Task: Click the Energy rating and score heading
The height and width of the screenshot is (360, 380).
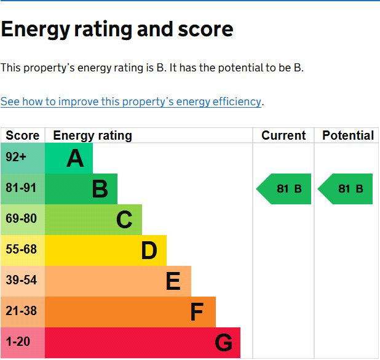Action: (117, 29)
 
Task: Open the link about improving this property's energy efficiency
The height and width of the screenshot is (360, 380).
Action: (131, 102)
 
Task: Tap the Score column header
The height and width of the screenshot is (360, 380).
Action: (23, 135)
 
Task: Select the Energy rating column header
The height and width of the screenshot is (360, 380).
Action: (92, 135)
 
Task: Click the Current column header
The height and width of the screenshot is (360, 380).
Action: (283, 135)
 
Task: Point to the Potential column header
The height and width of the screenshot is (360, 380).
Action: (347, 135)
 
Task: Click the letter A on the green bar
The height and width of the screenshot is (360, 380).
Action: (75, 159)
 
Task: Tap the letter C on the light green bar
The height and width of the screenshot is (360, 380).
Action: (124, 220)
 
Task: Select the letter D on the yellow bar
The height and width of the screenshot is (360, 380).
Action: (149, 250)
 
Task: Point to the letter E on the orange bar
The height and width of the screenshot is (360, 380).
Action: (173, 281)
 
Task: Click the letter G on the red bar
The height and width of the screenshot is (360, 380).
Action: (223, 343)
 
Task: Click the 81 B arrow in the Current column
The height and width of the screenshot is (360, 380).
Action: (285, 189)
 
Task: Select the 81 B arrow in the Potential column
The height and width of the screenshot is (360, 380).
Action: (346, 189)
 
